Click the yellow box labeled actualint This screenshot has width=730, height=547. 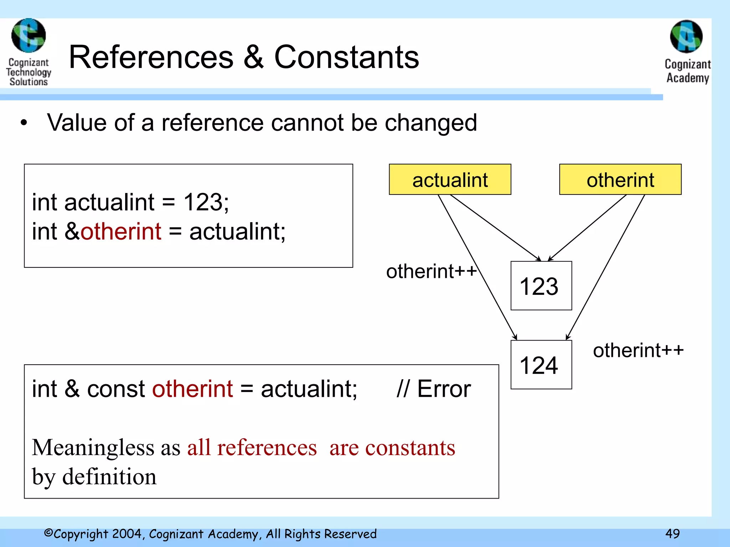450,179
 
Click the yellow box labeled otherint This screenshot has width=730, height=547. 620,179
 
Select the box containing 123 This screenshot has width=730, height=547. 541,286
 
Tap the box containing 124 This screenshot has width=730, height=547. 541,365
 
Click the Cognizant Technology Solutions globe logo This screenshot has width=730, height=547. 29,36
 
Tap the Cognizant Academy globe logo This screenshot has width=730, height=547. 686,36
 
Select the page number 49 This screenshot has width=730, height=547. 672,533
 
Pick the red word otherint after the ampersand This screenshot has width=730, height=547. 121,231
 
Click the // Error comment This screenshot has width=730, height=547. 433,389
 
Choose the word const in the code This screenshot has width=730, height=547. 116,389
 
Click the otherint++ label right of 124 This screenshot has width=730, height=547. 638,350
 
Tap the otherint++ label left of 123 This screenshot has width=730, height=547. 431,271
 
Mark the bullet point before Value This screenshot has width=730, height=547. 24,123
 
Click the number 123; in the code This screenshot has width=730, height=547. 206,202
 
